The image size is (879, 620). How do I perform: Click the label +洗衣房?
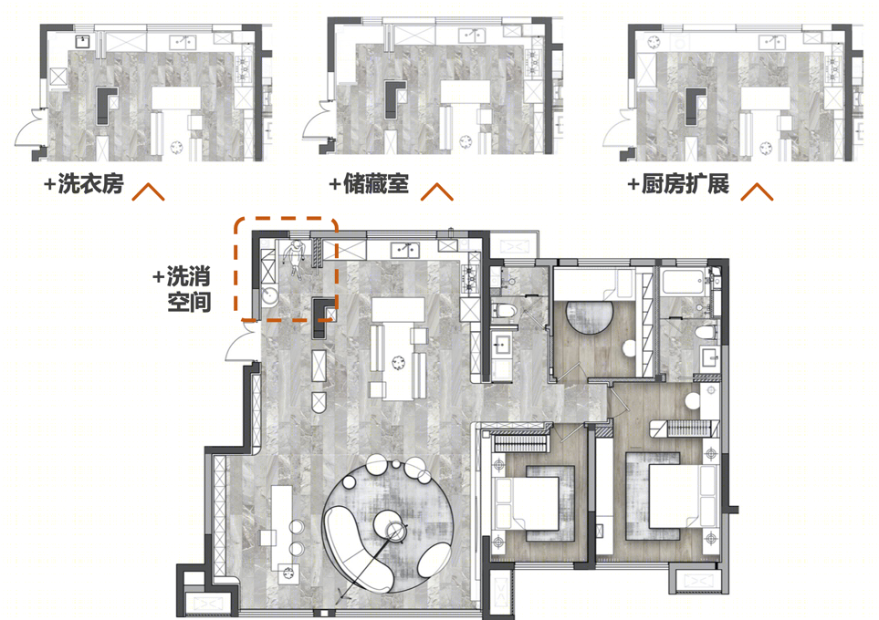coord(84,183)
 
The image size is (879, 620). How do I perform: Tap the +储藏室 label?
coord(369,183)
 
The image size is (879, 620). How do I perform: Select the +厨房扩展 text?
coord(678,183)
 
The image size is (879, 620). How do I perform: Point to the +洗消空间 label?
coord(183,289)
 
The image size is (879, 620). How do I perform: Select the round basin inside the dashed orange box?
coord(270,296)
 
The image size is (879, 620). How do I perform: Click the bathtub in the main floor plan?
coord(684,281)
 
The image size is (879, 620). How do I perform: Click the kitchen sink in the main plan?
coord(405,249)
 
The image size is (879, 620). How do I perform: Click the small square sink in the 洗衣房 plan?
coord(83,41)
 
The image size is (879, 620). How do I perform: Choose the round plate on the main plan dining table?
coord(399,362)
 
